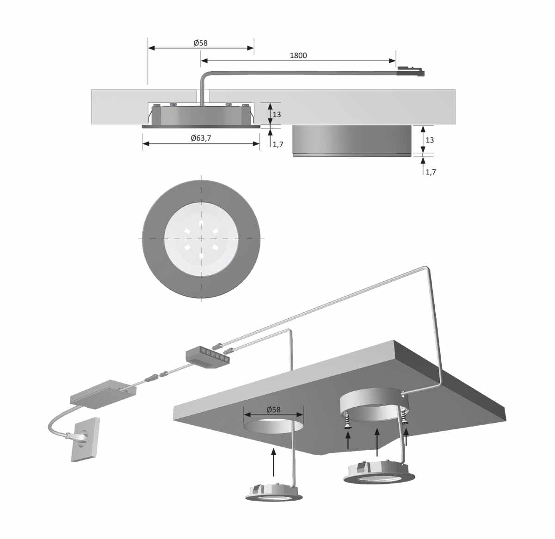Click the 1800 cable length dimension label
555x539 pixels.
tap(298, 56)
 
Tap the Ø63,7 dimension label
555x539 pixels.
tap(201, 138)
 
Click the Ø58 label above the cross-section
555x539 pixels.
tap(201, 43)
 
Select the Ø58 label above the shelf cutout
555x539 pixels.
tap(273, 410)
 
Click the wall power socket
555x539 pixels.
tap(85, 440)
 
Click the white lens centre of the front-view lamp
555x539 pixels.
tap(201, 239)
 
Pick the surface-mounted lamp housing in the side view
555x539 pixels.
tap(352, 141)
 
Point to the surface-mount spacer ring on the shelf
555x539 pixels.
tap(374, 405)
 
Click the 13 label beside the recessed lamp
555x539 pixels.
tap(277, 114)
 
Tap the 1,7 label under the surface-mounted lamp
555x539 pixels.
tap(431, 172)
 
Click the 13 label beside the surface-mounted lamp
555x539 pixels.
tap(430, 140)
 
